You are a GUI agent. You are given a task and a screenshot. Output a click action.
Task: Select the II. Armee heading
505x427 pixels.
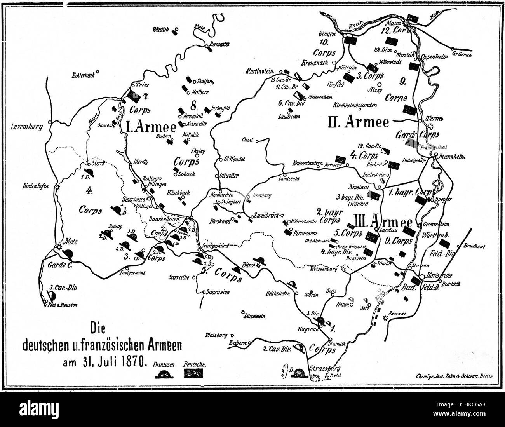pyautogui.click(x=358, y=122)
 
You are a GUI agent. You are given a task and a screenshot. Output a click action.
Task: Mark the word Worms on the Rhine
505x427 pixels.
pyautogui.click(x=434, y=118)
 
